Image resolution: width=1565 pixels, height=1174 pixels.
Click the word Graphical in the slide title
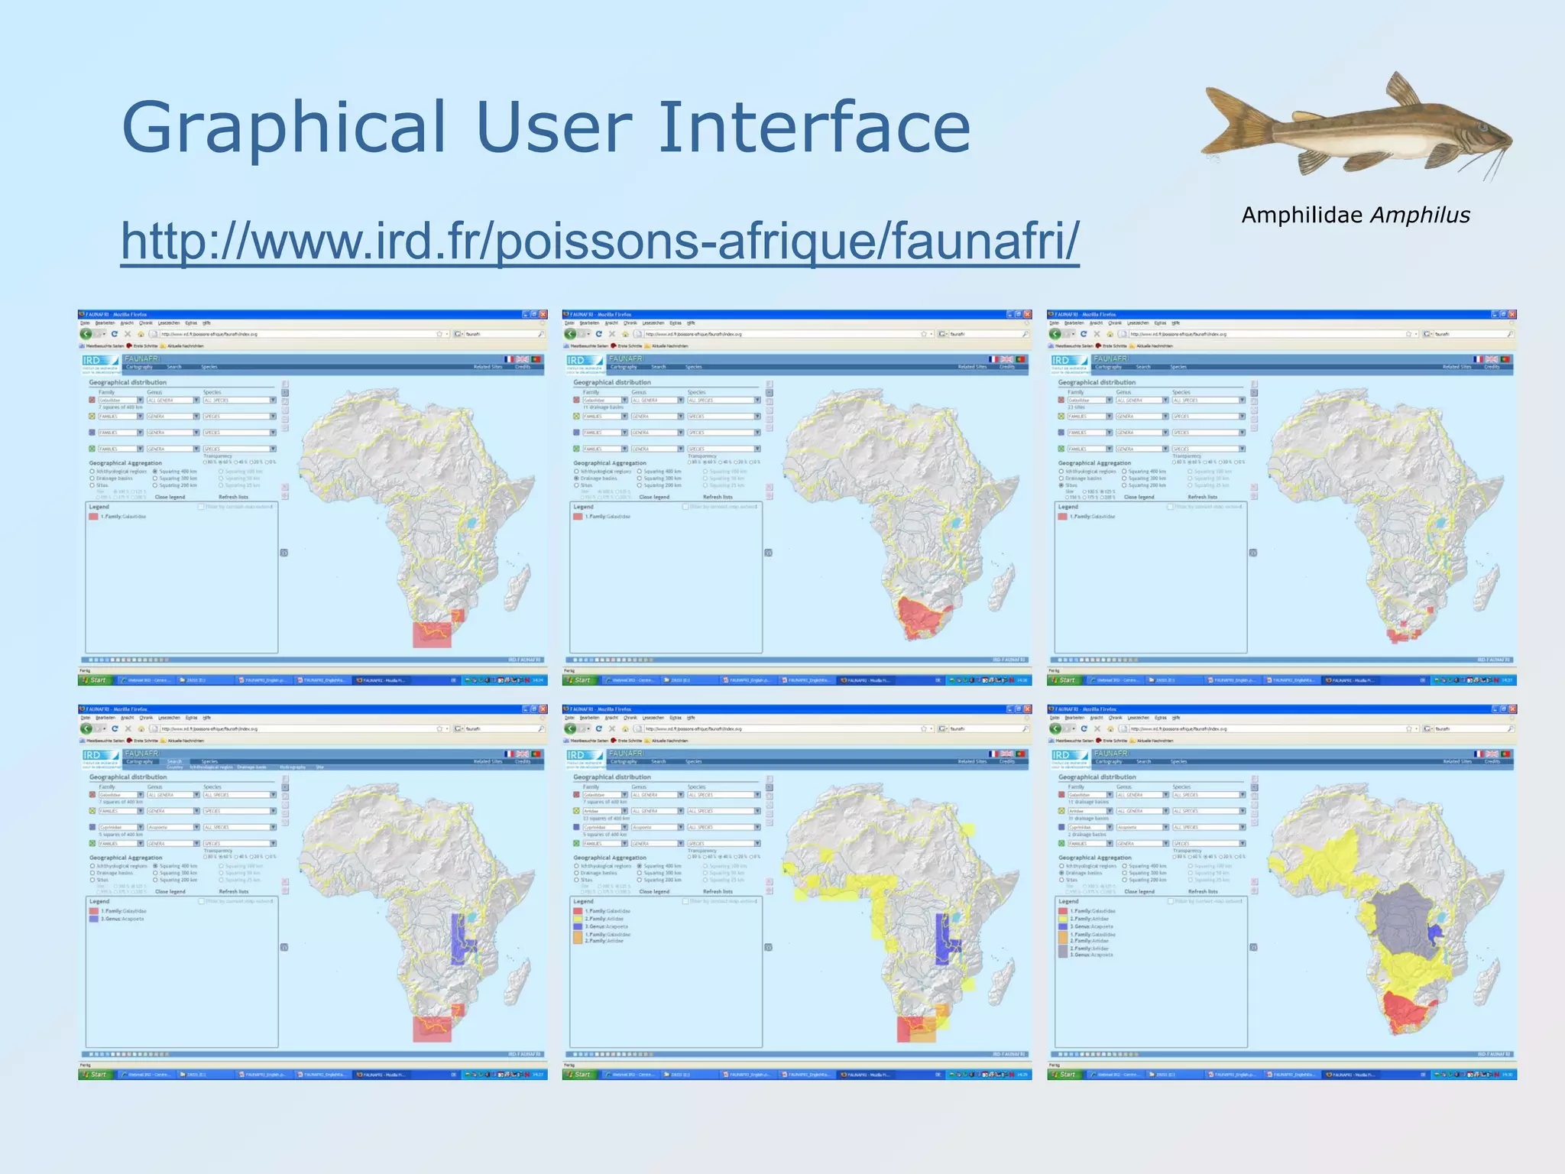click(283, 128)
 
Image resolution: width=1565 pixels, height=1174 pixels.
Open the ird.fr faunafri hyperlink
click(600, 240)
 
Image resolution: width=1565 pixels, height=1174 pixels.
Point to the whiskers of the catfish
click(1494, 161)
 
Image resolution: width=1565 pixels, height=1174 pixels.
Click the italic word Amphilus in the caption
click(1421, 216)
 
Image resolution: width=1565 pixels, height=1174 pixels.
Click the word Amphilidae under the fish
click(1302, 216)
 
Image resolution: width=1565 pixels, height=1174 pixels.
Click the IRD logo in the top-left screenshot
click(92, 360)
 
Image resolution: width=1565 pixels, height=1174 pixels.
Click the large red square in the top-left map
click(432, 634)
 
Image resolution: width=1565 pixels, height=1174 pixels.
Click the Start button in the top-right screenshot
click(1064, 679)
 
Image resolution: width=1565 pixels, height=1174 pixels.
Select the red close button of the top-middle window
click(1028, 314)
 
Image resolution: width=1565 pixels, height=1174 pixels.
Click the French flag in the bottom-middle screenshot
click(993, 754)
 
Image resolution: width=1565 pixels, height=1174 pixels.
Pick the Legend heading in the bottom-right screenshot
click(1068, 901)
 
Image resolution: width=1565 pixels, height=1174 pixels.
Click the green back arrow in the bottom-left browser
click(86, 728)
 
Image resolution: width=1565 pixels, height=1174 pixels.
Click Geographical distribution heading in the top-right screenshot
click(1097, 382)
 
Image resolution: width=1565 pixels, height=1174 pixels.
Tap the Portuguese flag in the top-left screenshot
click(536, 359)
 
